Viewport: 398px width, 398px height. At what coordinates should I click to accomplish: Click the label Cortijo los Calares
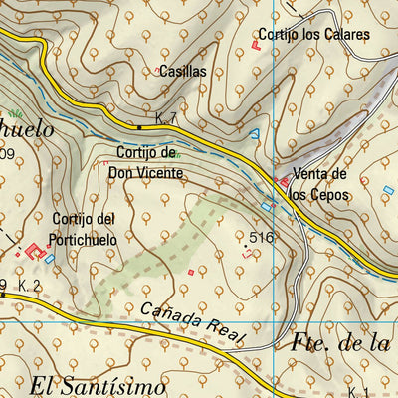click(313, 34)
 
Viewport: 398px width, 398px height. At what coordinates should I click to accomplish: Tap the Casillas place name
click(182, 72)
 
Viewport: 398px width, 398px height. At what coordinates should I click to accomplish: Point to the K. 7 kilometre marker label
click(165, 119)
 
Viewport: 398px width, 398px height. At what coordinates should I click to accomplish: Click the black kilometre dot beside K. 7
click(139, 127)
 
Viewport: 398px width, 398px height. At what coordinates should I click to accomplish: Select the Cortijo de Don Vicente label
click(147, 162)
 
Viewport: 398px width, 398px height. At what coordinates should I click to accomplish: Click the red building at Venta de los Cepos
click(284, 182)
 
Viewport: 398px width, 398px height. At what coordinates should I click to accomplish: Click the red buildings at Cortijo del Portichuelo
click(35, 250)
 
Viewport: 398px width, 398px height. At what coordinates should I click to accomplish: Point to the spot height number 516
click(262, 237)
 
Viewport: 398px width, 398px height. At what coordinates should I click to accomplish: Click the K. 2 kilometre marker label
click(29, 287)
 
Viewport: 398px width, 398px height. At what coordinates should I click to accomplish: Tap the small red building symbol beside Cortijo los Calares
click(256, 44)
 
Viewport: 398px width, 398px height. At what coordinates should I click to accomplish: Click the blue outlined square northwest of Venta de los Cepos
click(254, 133)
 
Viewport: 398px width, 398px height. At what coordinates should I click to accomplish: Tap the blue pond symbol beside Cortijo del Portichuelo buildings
click(49, 259)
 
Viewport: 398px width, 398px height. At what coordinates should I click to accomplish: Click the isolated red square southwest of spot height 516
click(191, 270)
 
